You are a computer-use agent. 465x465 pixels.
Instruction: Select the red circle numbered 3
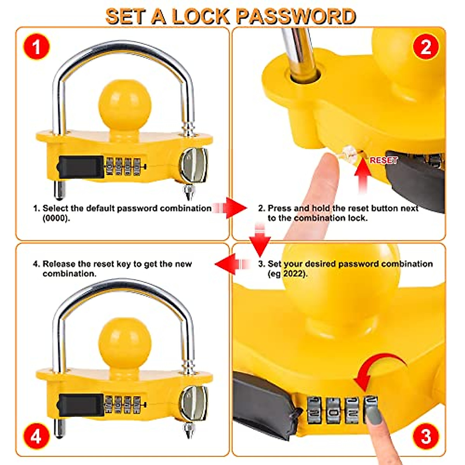[x=425, y=436]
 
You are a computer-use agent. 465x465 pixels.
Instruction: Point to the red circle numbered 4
[x=36, y=436]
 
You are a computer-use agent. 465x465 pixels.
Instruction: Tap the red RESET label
[x=384, y=160]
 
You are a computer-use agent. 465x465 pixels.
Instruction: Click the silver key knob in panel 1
[x=194, y=165]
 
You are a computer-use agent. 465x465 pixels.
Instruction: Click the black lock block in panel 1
[x=81, y=167]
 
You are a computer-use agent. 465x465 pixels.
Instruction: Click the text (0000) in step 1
[x=57, y=218]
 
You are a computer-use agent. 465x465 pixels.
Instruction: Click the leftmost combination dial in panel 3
[x=314, y=409]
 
